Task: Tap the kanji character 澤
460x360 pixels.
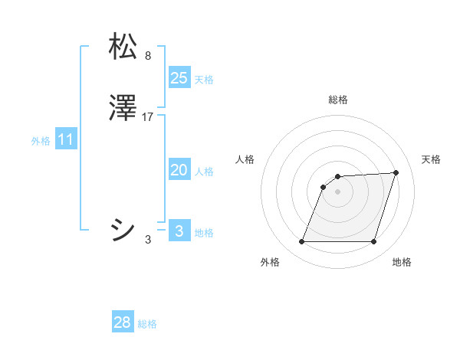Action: tap(123, 110)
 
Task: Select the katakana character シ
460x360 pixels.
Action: tap(123, 230)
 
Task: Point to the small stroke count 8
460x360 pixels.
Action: tap(148, 55)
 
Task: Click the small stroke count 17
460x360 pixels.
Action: tap(149, 118)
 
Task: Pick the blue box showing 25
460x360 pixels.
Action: tap(179, 78)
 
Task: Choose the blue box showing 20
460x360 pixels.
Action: tap(179, 171)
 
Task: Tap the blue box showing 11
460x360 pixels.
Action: tap(66, 140)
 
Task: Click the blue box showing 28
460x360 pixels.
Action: tap(123, 322)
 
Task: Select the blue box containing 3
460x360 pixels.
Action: tap(179, 231)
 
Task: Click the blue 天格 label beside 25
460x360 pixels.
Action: tap(204, 80)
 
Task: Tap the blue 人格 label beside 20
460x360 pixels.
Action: tap(204, 172)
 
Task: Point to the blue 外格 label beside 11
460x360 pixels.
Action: tap(41, 141)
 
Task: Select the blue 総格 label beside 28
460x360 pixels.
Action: tap(147, 324)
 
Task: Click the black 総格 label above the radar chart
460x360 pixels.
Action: tap(338, 100)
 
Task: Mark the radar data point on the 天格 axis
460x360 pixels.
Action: tap(396, 172)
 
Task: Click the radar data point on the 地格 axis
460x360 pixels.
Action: tap(373, 242)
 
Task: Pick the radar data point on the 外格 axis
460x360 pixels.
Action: tap(301, 242)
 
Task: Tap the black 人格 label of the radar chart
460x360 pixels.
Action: tap(245, 159)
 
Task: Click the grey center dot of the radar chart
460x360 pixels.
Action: tap(337, 191)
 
